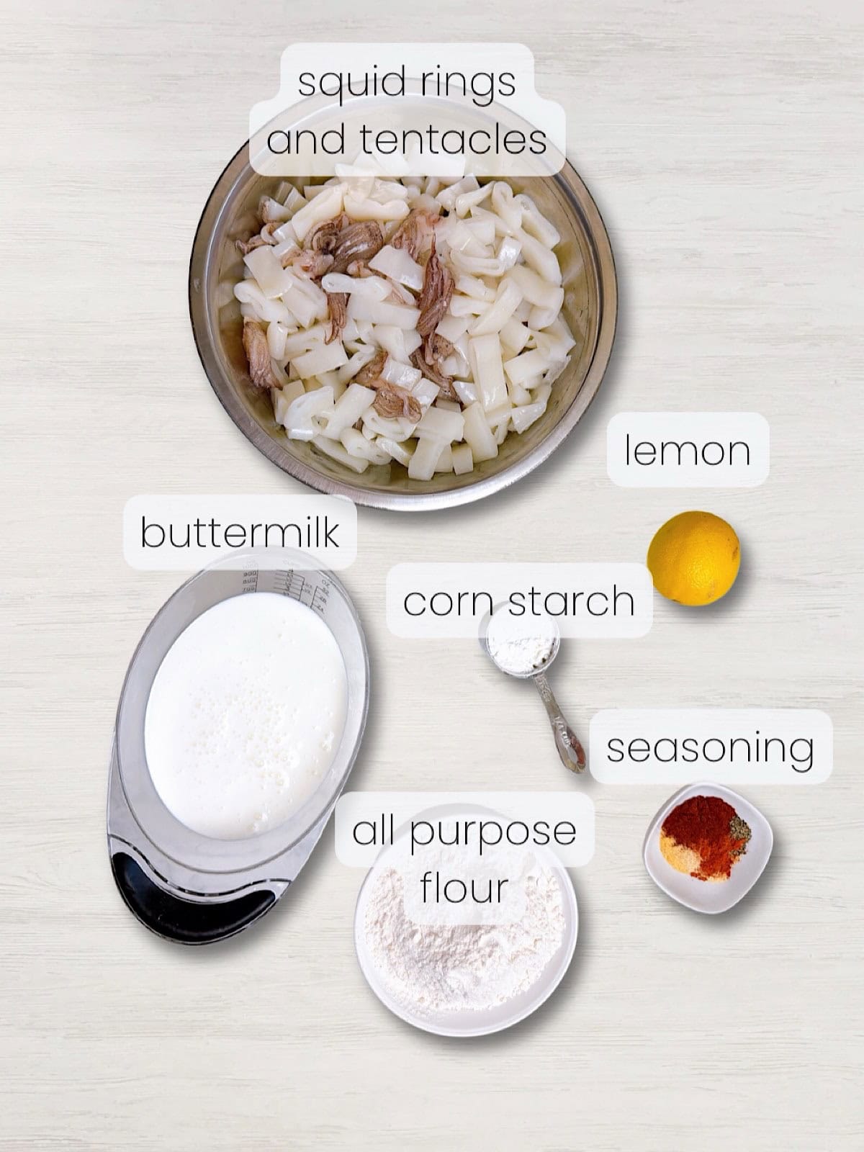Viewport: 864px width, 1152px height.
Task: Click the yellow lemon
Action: (693, 557)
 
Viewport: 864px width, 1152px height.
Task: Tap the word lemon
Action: (687, 451)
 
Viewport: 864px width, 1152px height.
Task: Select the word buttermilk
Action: (239, 533)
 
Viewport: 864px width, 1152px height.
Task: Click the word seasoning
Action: (710, 748)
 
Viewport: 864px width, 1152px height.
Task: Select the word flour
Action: (464, 888)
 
